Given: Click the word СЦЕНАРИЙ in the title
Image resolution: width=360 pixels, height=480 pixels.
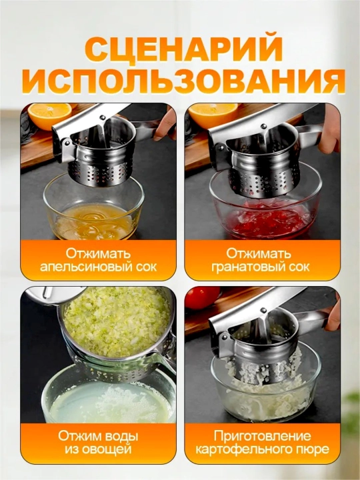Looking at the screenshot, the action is click(183, 49).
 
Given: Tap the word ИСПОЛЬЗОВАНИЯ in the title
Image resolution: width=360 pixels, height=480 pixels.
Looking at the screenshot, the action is click(184, 81).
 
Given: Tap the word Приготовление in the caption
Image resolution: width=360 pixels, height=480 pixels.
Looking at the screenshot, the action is click(263, 436).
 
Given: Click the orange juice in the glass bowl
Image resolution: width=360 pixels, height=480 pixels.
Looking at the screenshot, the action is click(94, 221).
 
